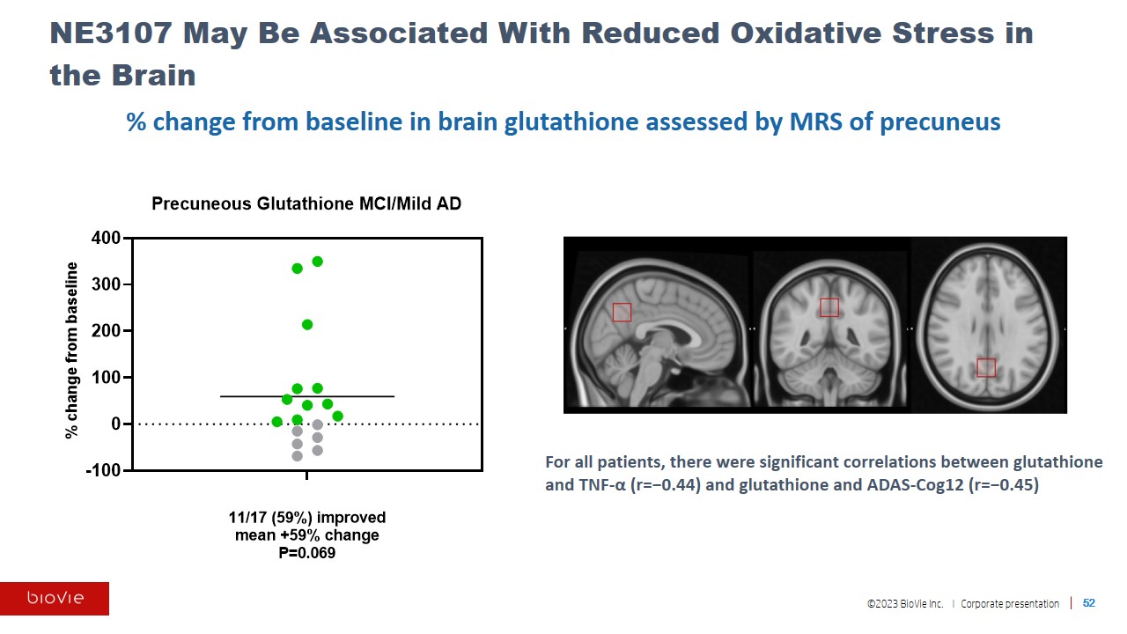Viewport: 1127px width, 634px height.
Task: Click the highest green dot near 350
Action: [x=317, y=262]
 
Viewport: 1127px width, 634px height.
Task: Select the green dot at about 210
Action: [x=307, y=325]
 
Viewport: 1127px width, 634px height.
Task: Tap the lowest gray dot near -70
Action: [x=298, y=456]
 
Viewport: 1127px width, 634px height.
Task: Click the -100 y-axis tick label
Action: [x=102, y=470]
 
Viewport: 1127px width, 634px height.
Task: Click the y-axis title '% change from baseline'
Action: [x=72, y=350]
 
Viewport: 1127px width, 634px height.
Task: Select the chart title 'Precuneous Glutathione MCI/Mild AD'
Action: [x=306, y=203]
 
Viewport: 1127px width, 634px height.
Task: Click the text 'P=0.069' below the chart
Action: [x=306, y=554]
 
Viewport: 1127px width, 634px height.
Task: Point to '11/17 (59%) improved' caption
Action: [x=306, y=517]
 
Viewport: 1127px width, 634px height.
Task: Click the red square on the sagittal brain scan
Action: [x=622, y=312]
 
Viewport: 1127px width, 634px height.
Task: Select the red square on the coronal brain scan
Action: [x=829, y=307]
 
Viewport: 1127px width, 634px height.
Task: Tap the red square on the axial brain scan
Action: [x=986, y=367]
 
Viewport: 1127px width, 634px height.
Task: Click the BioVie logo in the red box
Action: [x=55, y=599]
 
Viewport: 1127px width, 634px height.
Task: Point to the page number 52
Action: [x=1089, y=603]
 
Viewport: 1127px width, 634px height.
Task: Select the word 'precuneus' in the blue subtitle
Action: [x=945, y=122]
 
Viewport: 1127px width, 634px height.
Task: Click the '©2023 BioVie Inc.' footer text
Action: [x=904, y=604]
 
